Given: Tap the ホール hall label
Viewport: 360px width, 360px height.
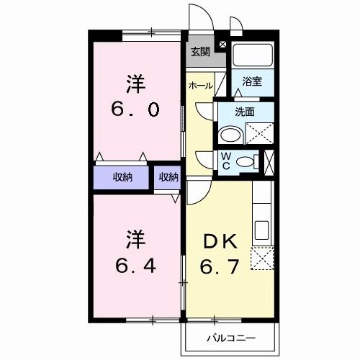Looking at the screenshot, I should tap(199, 86).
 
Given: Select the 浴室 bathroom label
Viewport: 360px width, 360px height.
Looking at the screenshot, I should tap(251, 81).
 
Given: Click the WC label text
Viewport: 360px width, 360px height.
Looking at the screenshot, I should tap(226, 161).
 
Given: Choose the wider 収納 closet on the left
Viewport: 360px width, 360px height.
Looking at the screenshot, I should tap(122, 177).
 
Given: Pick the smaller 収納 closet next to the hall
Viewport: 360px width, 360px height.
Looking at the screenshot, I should tap(169, 177).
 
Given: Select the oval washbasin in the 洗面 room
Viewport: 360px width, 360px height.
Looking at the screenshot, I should tap(231, 135).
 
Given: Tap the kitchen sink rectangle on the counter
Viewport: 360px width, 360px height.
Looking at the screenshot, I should tap(261, 230).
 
